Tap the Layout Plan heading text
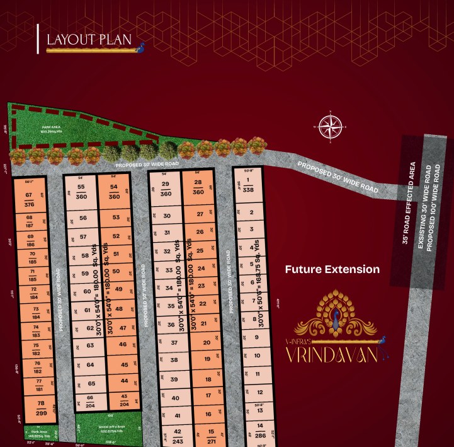[89, 40]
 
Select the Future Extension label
[332, 269]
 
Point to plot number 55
[81, 192]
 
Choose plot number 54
[114, 192]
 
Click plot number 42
[177, 435]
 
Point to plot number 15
[211, 435]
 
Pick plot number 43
[124, 400]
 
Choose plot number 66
[91, 402]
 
